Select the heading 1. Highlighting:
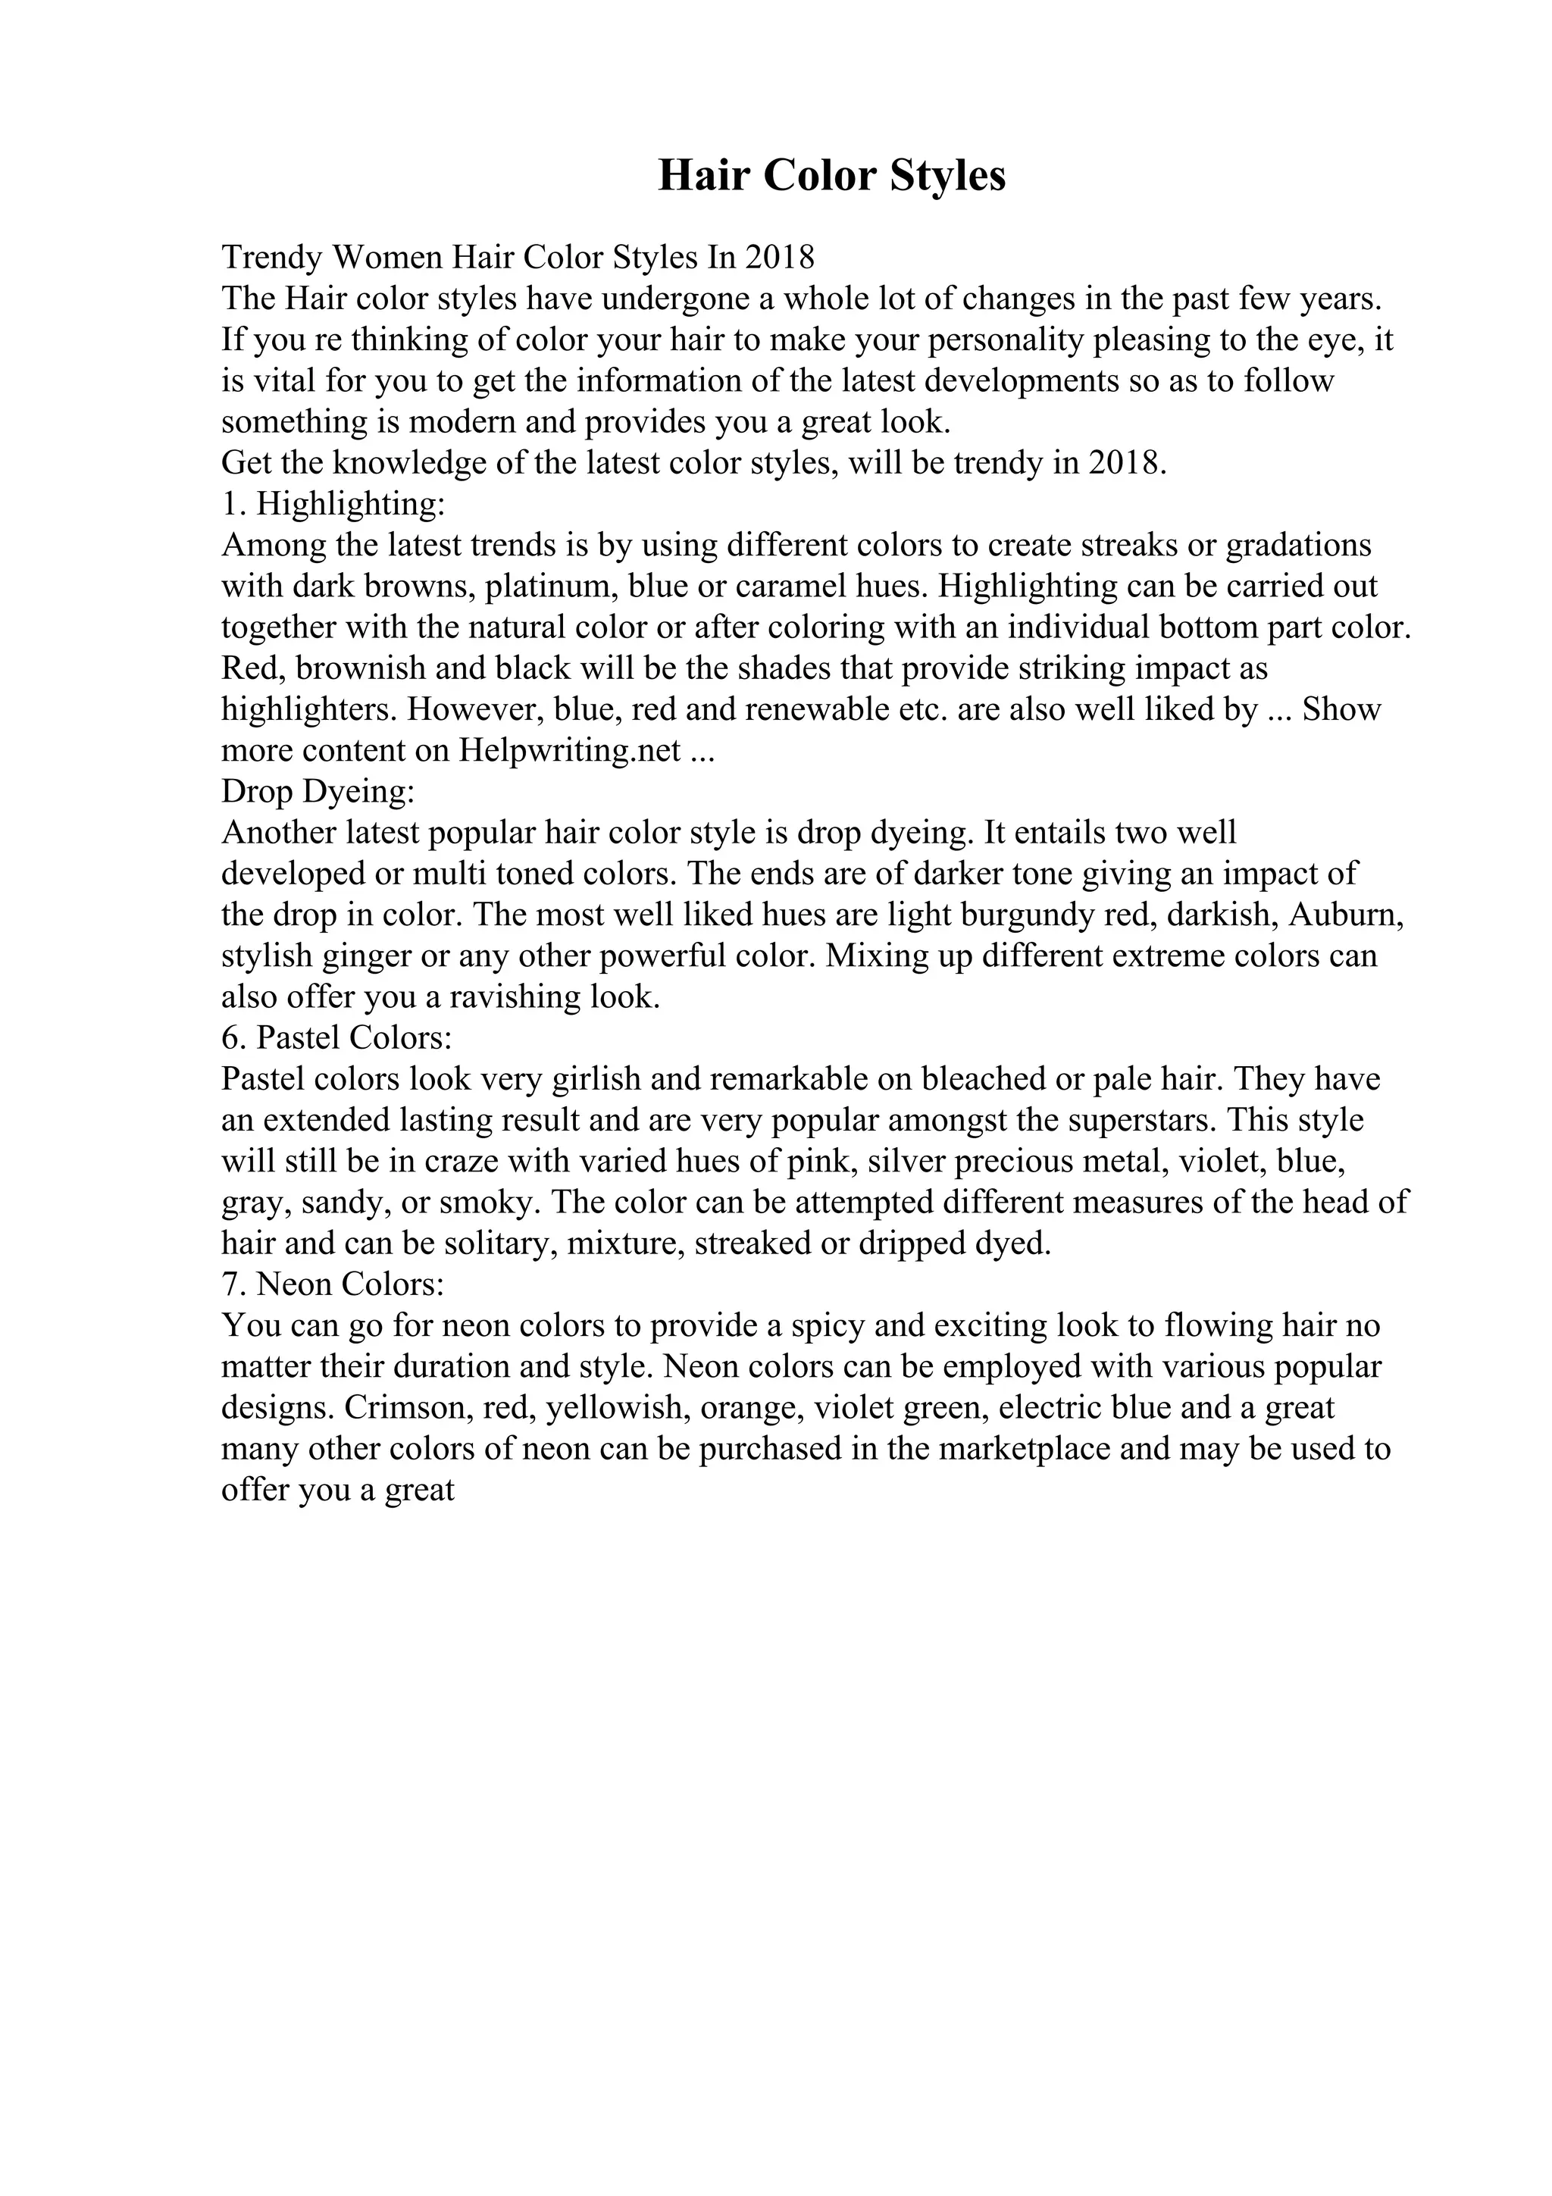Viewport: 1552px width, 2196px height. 333,503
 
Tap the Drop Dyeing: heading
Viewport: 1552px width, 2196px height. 318,791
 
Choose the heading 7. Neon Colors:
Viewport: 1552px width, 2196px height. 333,1284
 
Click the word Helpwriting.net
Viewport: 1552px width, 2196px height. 570,751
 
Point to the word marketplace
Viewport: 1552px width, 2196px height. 1024,1449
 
